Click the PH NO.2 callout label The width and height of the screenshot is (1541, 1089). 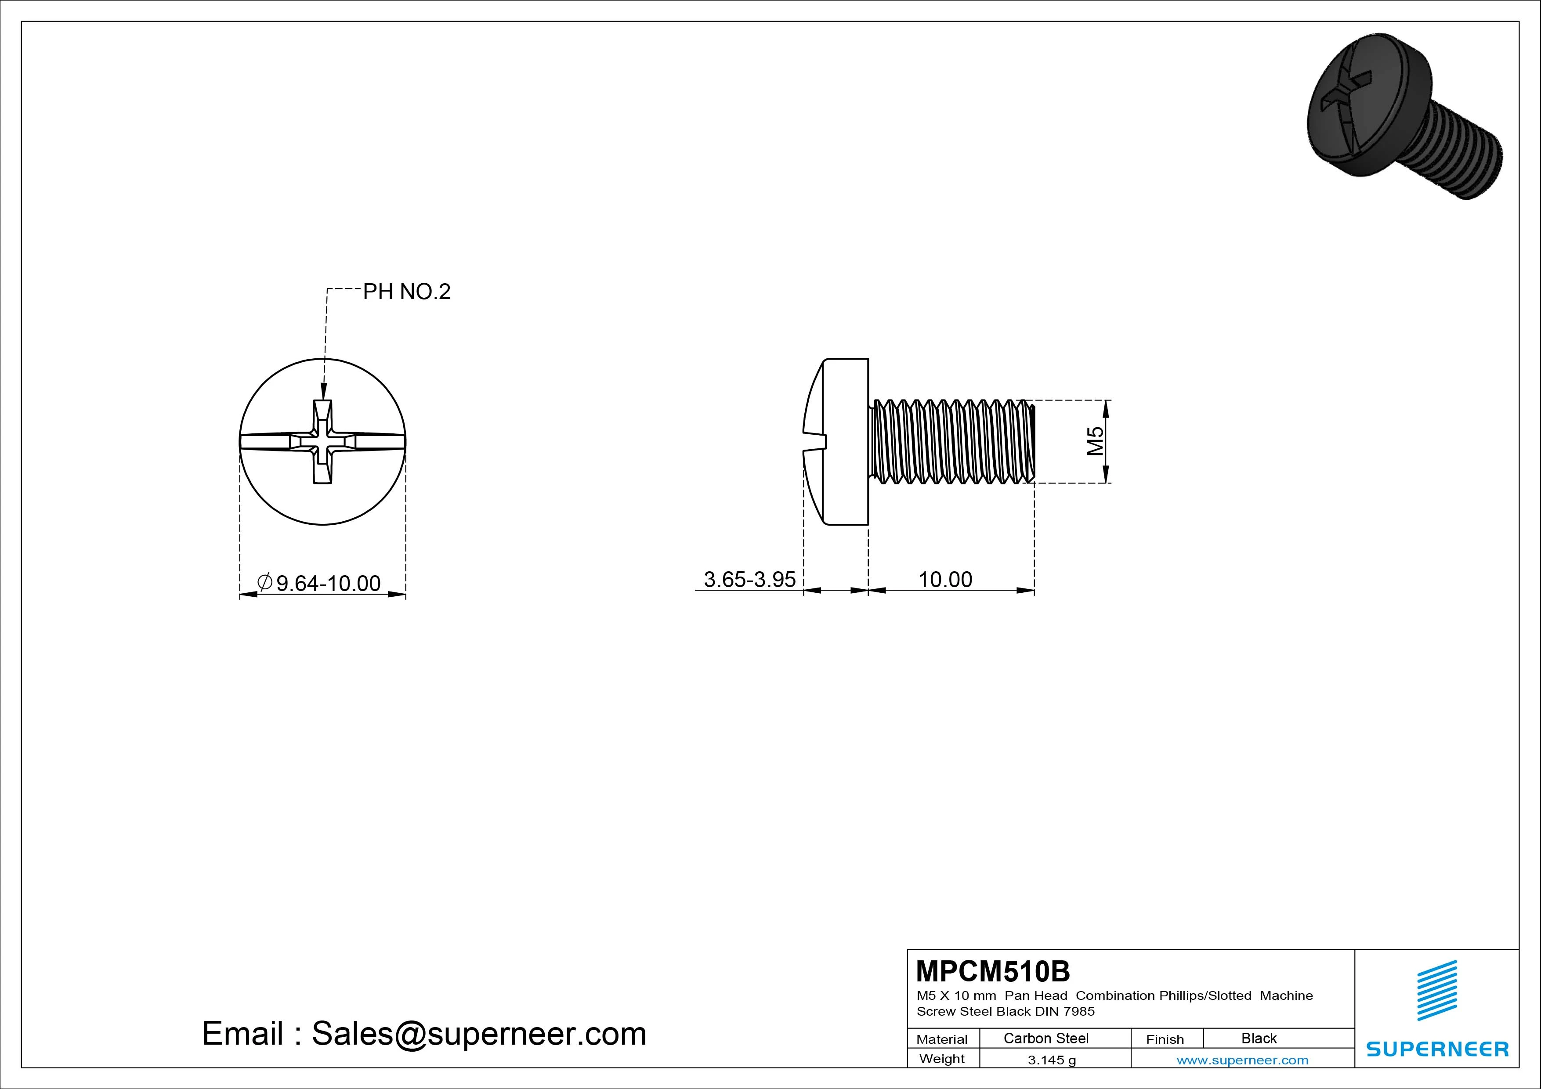(407, 292)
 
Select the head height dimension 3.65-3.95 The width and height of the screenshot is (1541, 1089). (750, 579)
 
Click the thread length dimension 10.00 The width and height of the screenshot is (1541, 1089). (945, 579)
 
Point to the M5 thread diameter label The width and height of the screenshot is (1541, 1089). (1095, 441)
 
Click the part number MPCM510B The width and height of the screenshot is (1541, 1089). (993, 971)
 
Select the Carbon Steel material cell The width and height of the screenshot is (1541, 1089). (1045, 1038)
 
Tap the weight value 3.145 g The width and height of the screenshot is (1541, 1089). (1052, 1060)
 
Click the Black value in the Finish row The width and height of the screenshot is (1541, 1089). (1259, 1038)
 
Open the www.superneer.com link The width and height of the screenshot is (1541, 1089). (1242, 1060)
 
